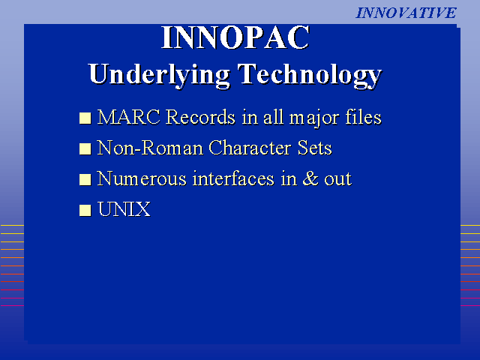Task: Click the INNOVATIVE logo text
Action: click(x=406, y=13)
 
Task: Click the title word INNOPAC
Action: click(x=235, y=37)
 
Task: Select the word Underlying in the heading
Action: click(x=159, y=75)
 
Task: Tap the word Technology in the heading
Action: click(x=310, y=75)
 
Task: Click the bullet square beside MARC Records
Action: click(x=85, y=118)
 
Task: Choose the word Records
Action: click(x=201, y=117)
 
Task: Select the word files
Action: click(x=363, y=117)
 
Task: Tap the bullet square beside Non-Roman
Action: click(x=85, y=148)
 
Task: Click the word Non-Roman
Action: click(x=150, y=148)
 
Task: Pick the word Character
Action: click(x=250, y=148)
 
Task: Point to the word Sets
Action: click(x=315, y=148)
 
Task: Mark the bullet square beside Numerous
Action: click(x=85, y=180)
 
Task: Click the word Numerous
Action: click(x=142, y=178)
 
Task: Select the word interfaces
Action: click(x=233, y=178)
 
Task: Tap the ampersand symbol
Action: click(x=310, y=178)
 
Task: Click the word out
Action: click(x=338, y=180)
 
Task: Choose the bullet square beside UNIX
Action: click(x=85, y=210)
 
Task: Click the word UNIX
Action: click(x=124, y=209)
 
